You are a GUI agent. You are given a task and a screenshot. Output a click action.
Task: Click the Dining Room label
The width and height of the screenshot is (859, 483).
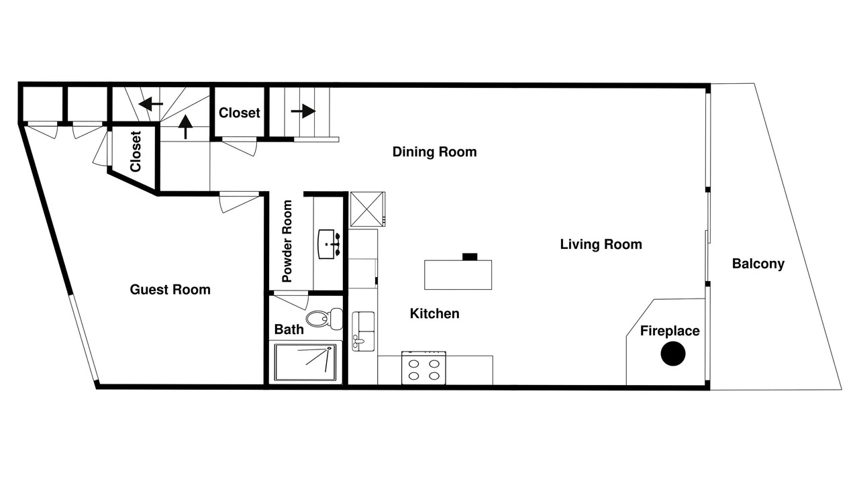(x=434, y=152)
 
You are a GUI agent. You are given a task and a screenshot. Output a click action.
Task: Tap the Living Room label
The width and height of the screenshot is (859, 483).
(x=601, y=244)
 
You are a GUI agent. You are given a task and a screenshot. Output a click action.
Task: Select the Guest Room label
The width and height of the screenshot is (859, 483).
(x=170, y=289)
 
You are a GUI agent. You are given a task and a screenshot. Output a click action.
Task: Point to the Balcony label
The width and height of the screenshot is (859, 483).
(x=758, y=264)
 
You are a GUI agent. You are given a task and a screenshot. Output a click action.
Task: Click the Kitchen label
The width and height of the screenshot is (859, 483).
(x=434, y=313)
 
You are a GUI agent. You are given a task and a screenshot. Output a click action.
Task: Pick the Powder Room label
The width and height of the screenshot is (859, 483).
(x=287, y=241)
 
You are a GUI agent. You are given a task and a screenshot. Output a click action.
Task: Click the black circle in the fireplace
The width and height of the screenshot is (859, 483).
(x=673, y=354)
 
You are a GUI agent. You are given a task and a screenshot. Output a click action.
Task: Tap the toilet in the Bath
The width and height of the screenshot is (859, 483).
(x=324, y=318)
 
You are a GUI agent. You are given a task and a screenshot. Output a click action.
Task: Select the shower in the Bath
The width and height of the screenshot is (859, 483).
(x=305, y=362)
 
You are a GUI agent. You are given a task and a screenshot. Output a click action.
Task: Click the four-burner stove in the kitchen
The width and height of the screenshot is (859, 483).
(x=423, y=368)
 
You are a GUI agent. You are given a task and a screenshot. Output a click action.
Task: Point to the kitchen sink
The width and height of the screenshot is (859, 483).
(x=363, y=331)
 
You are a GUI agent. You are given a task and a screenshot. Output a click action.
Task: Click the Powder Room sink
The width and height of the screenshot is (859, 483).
(x=329, y=244)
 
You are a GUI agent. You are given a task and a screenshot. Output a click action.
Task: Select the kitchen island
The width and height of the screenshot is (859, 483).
(x=458, y=275)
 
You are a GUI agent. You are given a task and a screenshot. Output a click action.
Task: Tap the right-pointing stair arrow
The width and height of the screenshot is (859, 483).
(x=303, y=111)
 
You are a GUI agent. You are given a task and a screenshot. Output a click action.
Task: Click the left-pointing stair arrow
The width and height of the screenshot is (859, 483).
(x=151, y=103)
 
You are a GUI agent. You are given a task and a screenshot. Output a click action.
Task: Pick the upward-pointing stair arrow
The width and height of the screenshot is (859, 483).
(x=186, y=127)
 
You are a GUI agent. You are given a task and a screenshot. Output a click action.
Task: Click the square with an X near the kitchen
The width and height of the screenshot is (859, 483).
(x=367, y=209)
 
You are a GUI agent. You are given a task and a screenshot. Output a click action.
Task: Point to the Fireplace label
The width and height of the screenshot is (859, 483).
(x=670, y=331)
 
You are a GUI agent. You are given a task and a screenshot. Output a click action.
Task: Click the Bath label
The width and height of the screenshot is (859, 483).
(x=289, y=329)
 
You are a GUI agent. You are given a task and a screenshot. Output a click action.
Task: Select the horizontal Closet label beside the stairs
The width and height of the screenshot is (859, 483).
(x=240, y=113)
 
